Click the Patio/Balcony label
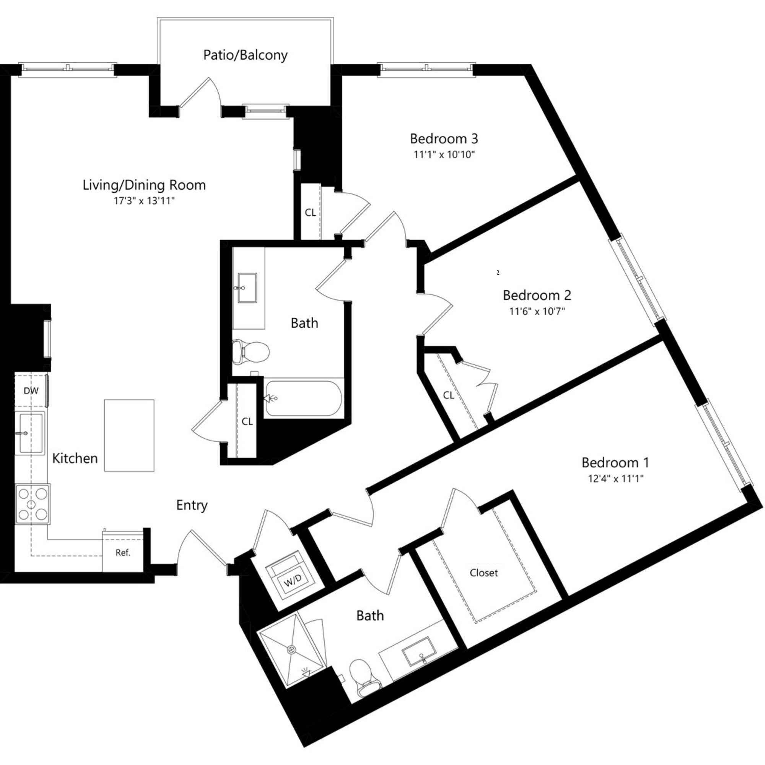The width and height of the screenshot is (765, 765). click(x=245, y=55)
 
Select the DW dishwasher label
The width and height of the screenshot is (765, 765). click(x=31, y=391)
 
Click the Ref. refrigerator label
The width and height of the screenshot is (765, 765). click(x=123, y=552)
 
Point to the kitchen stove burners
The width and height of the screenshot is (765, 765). click(x=33, y=504)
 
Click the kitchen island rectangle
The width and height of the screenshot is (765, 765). click(x=129, y=435)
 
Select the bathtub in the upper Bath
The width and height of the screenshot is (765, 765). click(x=303, y=398)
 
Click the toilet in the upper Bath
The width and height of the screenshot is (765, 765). click(x=251, y=351)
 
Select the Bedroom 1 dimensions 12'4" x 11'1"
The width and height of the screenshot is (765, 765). click(x=615, y=479)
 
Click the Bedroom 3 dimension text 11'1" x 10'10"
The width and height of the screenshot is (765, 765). click(x=444, y=155)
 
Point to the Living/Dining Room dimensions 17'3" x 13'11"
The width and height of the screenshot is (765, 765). click(x=144, y=201)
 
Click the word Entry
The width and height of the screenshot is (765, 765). click(x=192, y=505)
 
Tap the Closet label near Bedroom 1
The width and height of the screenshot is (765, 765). click(x=483, y=573)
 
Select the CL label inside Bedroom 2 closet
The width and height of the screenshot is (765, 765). click(x=448, y=395)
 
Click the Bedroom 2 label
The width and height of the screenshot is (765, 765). click(x=537, y=295)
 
